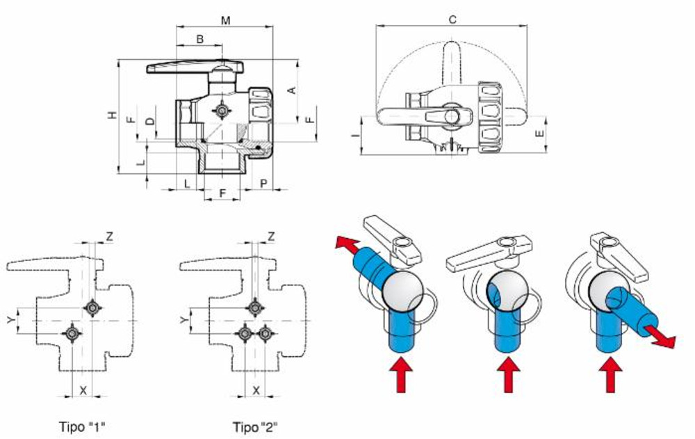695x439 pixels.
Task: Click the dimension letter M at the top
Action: (225, 20)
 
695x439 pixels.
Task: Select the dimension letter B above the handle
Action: (199, 40)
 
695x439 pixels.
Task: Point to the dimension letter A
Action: (292, 90)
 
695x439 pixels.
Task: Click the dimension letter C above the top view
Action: (452, 20)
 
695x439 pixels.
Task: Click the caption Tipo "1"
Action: (83, 426)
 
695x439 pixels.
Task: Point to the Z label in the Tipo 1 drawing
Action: (109, 237)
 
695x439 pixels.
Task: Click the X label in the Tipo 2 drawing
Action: (256, 390)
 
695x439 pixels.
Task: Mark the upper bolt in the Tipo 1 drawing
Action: (92, 307)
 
